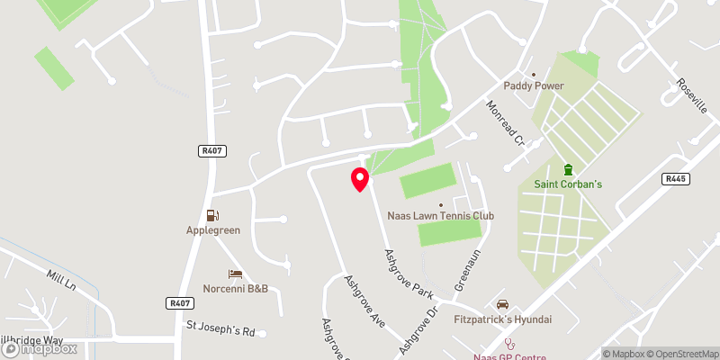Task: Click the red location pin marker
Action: (x=359, y=179)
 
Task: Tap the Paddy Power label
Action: (x=533, y=86)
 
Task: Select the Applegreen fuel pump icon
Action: (x=212, y=215)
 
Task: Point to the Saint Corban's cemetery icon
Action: (x=568, y=169)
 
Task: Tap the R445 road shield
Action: (x=676, y=179)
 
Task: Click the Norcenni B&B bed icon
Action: (x=235, y=274)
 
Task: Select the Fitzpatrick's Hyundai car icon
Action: (x=502, y=304)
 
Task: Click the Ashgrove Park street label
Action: (x=409, y=274)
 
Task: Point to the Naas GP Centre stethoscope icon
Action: (x=509, y=343)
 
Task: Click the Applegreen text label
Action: (x=212, y=230)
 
